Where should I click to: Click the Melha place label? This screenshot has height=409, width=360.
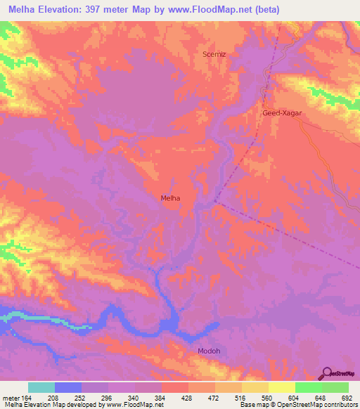click(169, 198)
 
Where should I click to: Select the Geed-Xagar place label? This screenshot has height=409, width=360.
click(281, 112)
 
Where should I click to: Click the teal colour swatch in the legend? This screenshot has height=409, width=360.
click(41, 387)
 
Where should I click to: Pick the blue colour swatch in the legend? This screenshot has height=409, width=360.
click(68, 387)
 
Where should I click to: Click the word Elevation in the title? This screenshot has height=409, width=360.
click(69, 8)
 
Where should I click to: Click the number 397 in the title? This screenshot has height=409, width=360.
click(109, 8)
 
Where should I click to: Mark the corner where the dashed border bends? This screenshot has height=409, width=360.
click(214, 202)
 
